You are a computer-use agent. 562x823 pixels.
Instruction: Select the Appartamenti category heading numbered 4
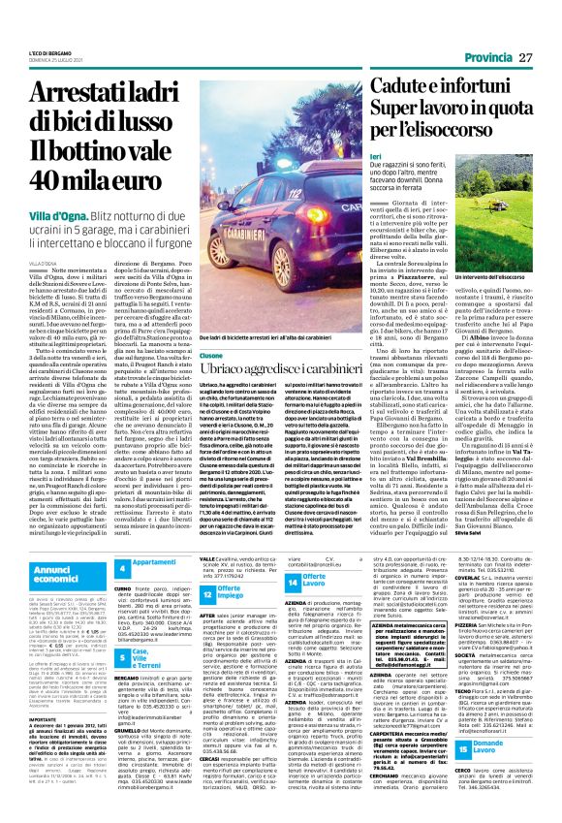point(153,535)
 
